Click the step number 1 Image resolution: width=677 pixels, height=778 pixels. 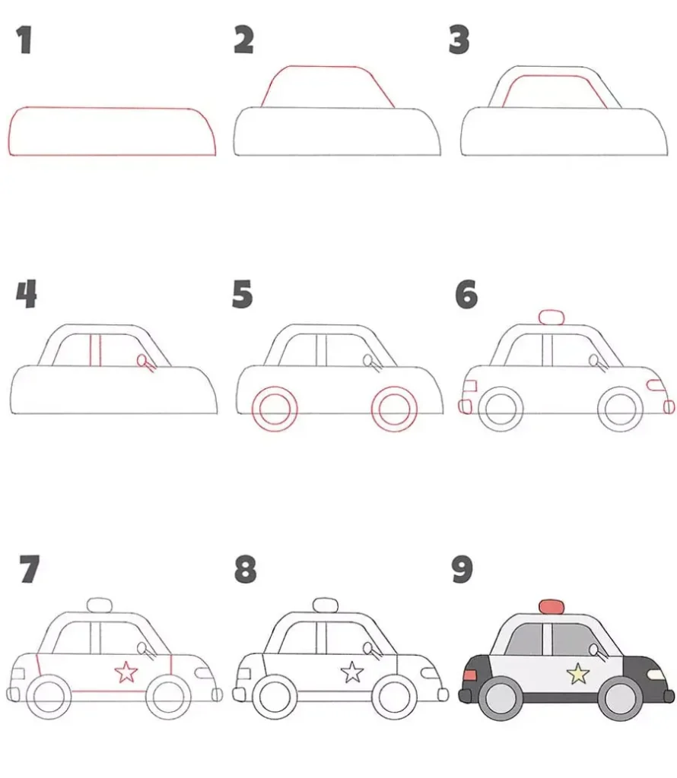24,40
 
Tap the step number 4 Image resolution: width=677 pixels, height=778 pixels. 27,294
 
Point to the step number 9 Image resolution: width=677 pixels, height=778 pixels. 462,569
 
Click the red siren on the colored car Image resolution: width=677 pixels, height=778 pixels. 551,606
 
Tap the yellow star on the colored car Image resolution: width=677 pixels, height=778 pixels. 578,675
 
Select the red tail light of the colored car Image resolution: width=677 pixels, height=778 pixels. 469,675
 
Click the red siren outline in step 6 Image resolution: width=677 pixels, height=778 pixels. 551,317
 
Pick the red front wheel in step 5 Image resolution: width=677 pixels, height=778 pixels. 394,408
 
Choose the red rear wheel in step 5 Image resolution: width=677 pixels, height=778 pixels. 275,408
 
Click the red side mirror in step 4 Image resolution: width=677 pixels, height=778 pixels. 145,362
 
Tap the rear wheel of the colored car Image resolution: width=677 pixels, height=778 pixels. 501,699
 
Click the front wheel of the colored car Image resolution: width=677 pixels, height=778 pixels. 621,699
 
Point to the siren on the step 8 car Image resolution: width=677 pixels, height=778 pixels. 326,606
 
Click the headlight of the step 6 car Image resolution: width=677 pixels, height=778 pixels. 656,385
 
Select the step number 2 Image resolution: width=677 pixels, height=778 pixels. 244,40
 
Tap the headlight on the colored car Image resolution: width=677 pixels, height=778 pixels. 656,675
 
